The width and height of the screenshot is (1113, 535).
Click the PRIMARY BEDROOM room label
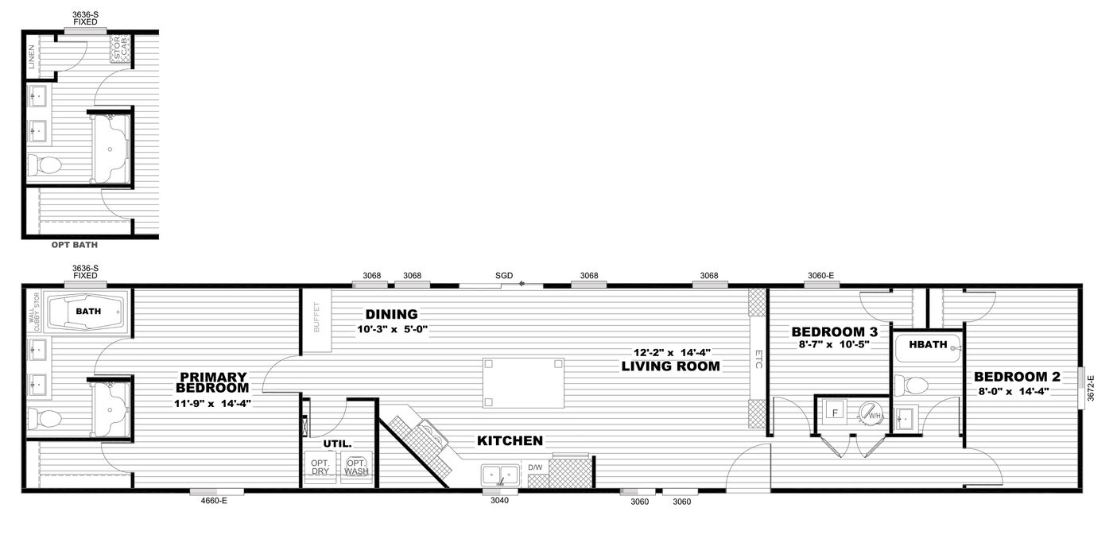212,382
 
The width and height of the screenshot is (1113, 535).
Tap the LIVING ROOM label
671,366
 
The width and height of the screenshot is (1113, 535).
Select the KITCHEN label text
510,440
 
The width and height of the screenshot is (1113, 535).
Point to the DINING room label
391,314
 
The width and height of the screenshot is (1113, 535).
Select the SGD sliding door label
503,276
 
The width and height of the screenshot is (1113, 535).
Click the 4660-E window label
205,502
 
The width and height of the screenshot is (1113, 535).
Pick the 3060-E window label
820,276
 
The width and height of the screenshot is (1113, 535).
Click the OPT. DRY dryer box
320,467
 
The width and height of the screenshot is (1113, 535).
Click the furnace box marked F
835,413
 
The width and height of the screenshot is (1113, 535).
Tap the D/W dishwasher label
535,467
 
